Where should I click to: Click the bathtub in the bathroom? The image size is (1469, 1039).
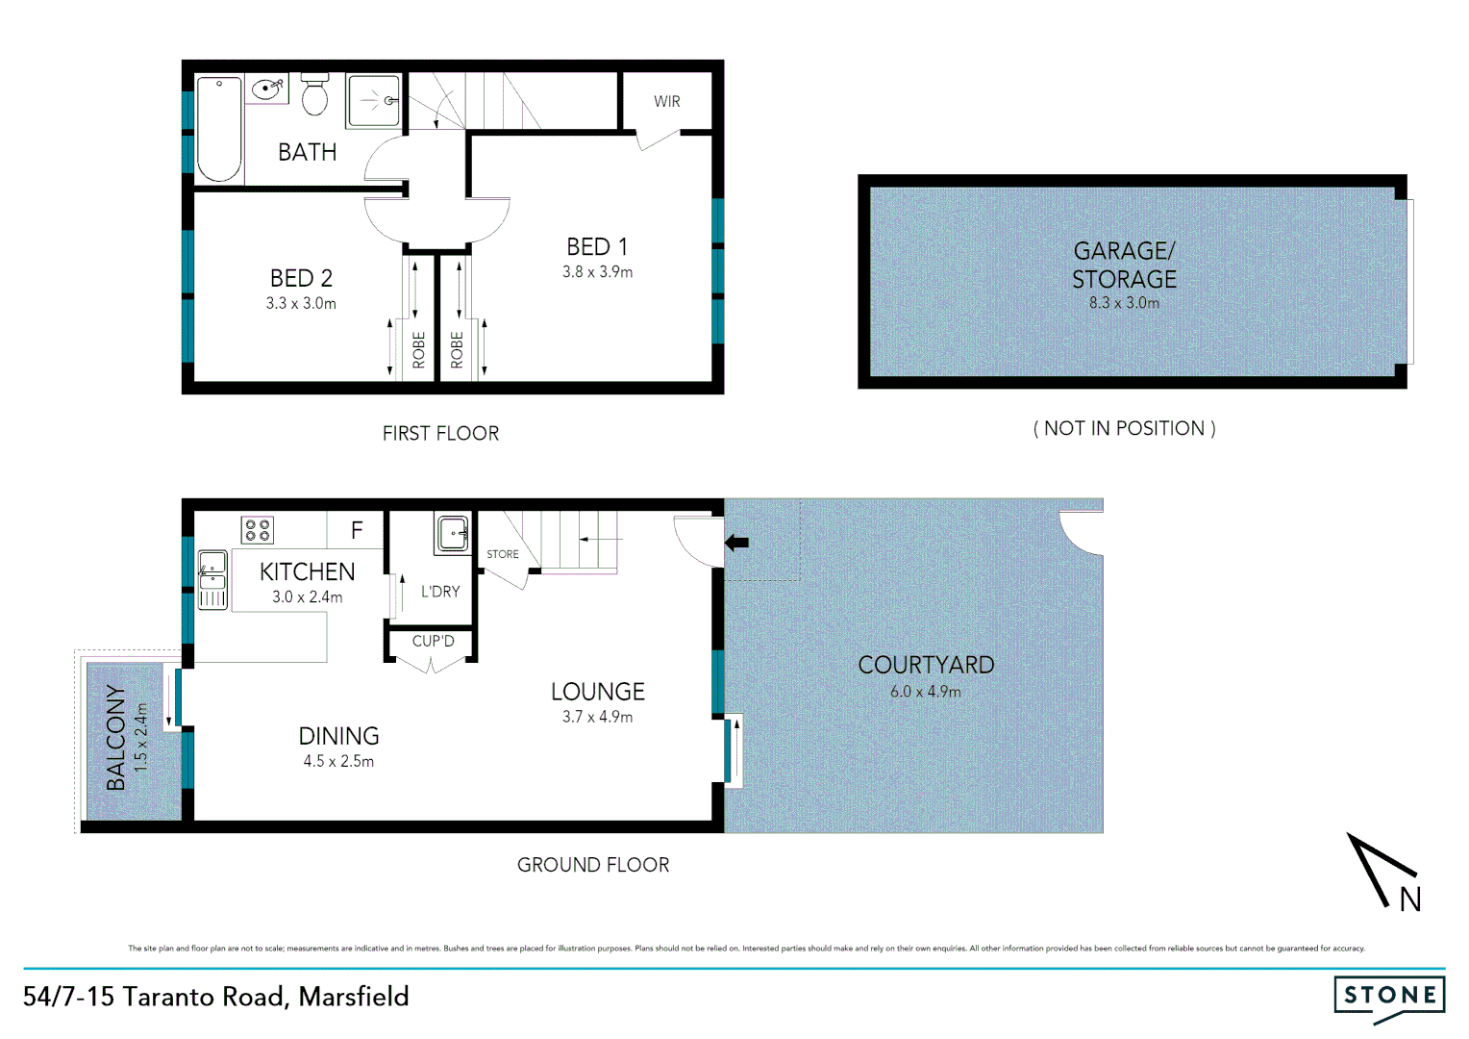(x=219, y=129)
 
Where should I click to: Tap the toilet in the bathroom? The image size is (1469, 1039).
(x=315, y=93)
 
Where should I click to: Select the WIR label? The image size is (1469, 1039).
(x=666, y=101)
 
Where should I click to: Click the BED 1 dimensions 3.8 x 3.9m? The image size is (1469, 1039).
(x=597, y=272)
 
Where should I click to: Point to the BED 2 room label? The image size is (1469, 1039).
(x=301, y=278)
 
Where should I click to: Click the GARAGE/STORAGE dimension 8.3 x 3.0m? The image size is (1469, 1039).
(x=1123, y=303)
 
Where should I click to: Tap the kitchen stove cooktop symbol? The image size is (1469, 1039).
(x=258, y=529)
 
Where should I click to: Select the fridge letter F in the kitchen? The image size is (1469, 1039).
(x=357, y=530)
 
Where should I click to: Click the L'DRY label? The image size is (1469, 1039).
(x=440, y=592)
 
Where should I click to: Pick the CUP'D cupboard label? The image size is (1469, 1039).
(x=433, y=641)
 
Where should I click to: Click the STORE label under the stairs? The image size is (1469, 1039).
(x=502, y=554)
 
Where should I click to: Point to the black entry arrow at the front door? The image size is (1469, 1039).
(x=736, y=543)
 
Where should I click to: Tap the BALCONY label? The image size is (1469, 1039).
(x=116, y=738)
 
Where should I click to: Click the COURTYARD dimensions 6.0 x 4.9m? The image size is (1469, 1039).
(x=925, y=692)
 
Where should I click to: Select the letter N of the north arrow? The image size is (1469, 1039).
(x=1409, y=900)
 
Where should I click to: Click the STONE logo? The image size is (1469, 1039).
(x=1389, y=995)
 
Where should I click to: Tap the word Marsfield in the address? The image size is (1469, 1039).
(x=354, y=997)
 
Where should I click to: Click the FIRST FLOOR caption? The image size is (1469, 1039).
(x=440, y=434)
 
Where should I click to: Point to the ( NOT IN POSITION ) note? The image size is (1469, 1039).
(x=1124, y=428)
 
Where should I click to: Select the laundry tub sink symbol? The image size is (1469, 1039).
(x=453, y=532)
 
